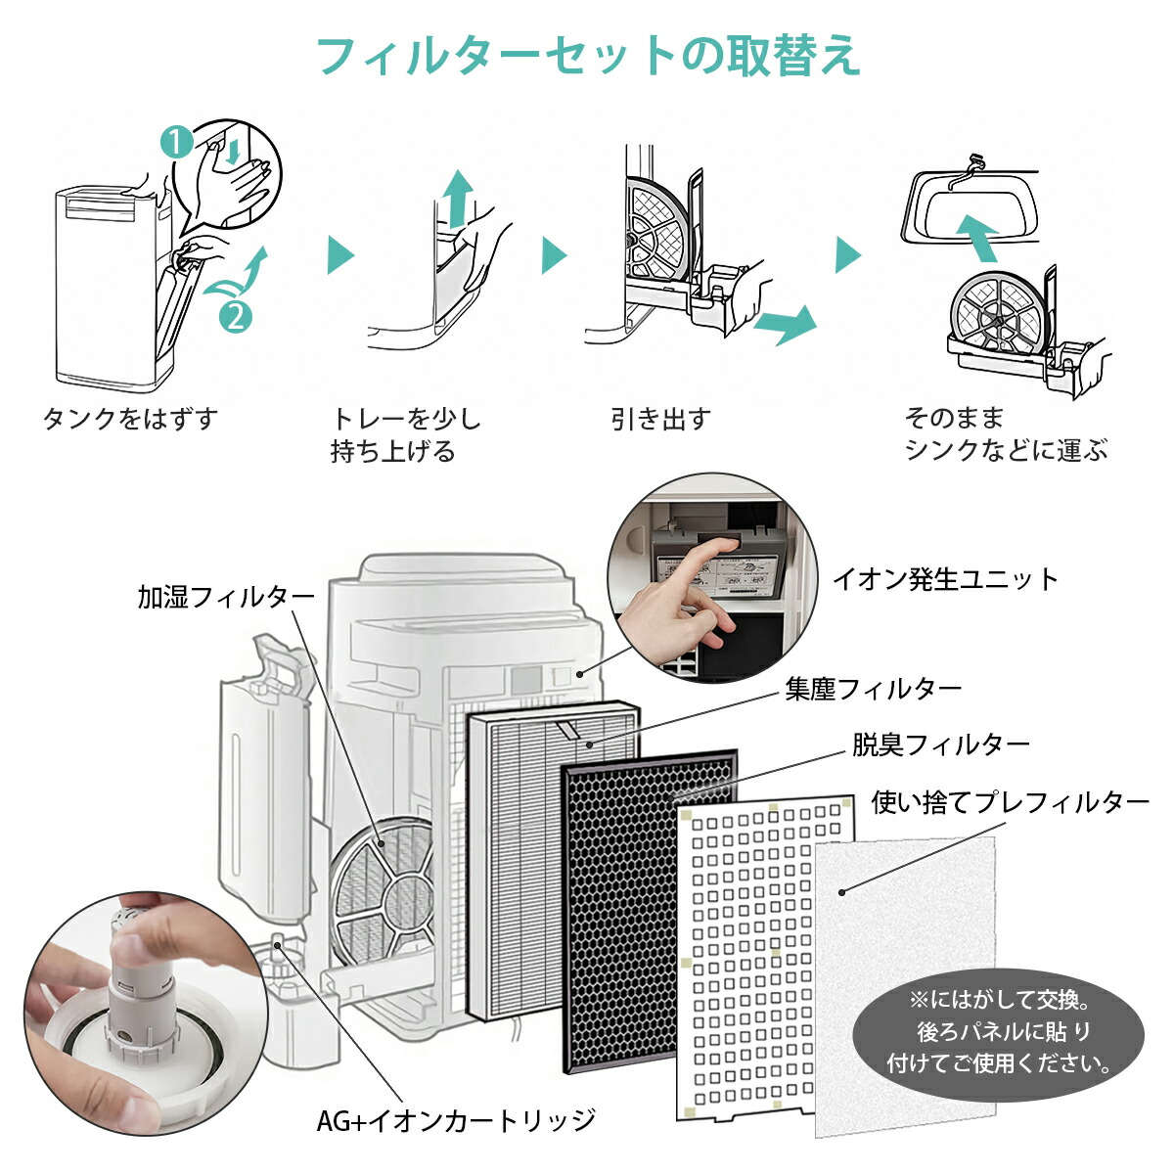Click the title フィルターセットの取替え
[x=588, y=56]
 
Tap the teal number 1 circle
[x=176, y=144]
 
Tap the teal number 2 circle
[x=235, y=315]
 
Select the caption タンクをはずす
[x=130, y=419]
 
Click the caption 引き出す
[x=660, y=419]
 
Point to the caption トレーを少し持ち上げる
[x=406, y=434]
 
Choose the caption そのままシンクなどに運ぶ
[x=1006, y=434]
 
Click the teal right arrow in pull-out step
[x=785, y=324]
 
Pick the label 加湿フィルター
[x=226, y=597]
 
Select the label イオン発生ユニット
[x=945, y=579]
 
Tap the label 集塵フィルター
[x=873, y=689]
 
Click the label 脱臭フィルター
[x=940, y=745]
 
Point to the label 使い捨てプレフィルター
[x=1010, y=802]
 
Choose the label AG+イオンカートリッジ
[x=456, y=1119]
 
